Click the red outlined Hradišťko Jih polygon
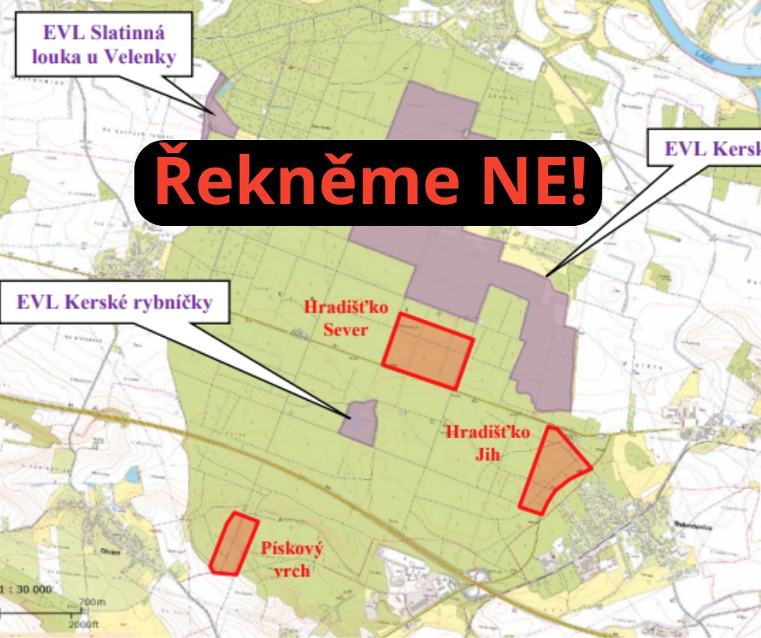click(555, 469)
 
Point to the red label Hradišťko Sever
click(336, 318)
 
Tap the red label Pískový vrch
click(291, 559)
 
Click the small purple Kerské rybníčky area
click(358, 422)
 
